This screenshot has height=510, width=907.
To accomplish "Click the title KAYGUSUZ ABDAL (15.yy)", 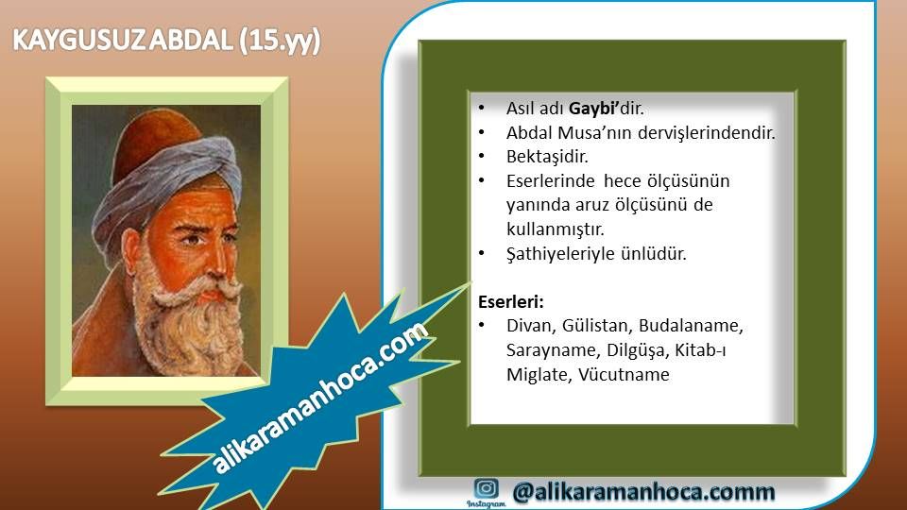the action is point(166,41).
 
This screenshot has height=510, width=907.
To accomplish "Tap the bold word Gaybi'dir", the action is point(607,109).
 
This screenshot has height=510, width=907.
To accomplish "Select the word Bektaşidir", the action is point(547,157).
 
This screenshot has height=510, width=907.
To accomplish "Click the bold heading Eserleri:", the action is point(511,301).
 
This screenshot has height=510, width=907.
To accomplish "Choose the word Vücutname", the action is point(624,375).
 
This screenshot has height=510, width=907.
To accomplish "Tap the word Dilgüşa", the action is point(636,350).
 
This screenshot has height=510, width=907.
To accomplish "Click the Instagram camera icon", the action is point(486,488).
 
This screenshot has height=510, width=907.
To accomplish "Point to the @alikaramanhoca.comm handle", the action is point(643,491).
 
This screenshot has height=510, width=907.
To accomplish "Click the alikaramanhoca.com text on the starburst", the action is point(320,398).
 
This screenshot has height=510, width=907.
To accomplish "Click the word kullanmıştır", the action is point(556,229).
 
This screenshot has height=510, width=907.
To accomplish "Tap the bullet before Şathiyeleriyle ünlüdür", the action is point(481,253).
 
